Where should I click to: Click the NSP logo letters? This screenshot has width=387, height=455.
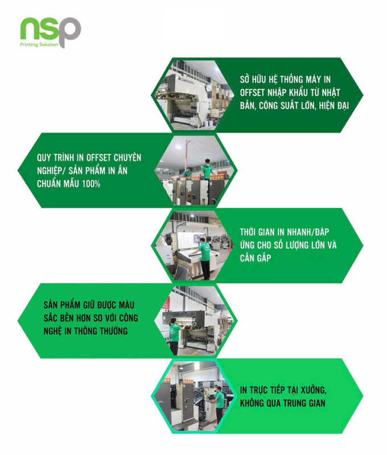pos(51,31)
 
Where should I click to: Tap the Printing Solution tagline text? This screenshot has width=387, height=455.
pos(39,44)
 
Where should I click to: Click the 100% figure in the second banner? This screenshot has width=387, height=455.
pos(91,184)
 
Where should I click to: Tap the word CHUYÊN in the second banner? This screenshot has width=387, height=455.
pos(127,158)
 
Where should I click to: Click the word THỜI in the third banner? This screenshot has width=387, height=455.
pos(248,231)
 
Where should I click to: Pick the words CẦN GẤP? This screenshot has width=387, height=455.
pos(256,258)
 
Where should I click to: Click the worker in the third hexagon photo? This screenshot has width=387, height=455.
pos(204,258)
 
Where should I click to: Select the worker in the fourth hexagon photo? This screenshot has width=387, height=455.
pos(175,336)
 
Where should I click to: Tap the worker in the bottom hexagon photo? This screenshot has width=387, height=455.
pos(219,406)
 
